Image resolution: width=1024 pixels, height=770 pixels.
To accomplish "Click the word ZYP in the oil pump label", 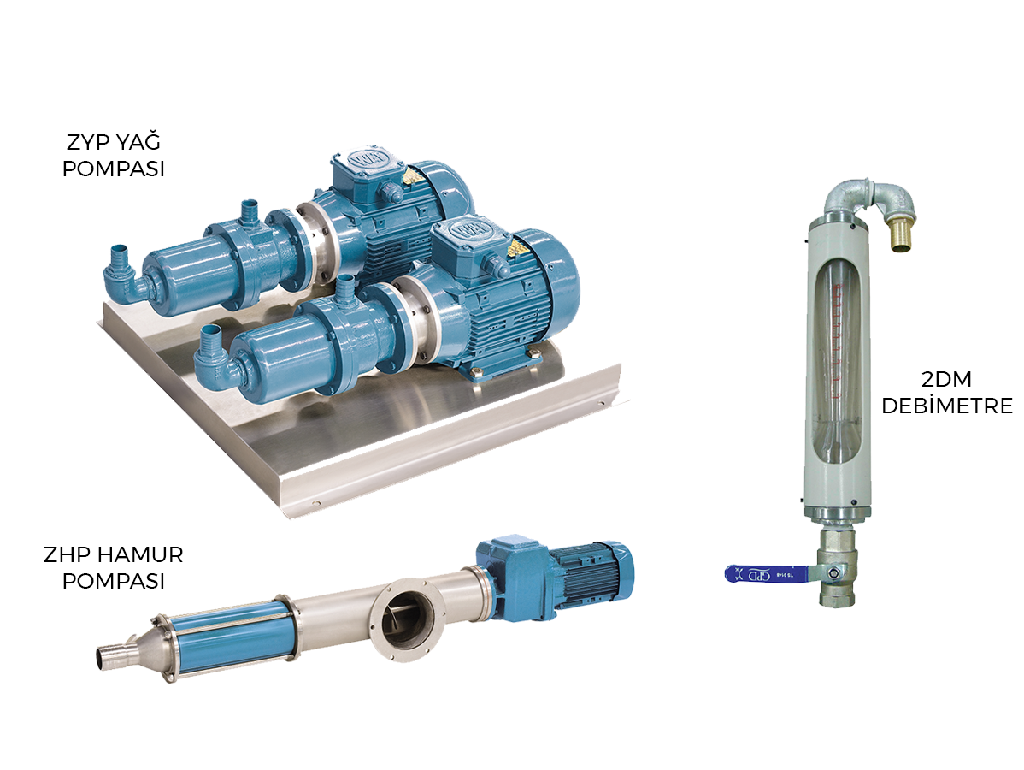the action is [88, 142].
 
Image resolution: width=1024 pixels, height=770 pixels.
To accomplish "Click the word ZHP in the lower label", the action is [66, 555].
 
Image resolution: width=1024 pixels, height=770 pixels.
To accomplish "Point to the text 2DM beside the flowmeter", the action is [946, 379].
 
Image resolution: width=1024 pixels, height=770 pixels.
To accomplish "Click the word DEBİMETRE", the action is [947, 406].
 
